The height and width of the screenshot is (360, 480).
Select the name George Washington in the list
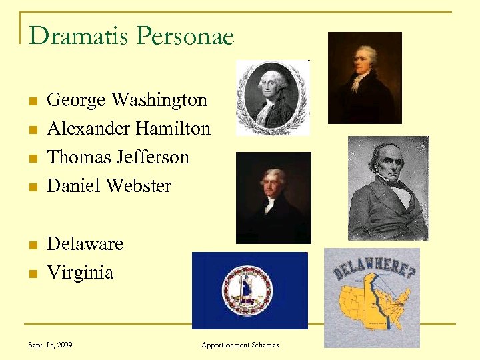(x=127, y=100)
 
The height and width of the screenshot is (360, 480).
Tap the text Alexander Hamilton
(x=129, y=129)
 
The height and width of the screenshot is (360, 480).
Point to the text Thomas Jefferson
(x=118, y=157)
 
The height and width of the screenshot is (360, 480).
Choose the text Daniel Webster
(x=109, y=186)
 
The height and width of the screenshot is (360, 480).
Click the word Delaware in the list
(x=85, y=244)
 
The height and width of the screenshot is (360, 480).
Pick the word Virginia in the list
(x=80, y=273)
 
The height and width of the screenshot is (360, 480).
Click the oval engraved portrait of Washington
(x=273, y=97)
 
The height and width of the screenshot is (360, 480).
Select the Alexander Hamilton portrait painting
(x=365, y=77)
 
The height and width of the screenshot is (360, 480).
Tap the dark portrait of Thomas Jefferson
(x=273, y=197)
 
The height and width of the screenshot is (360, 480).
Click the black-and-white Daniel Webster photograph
(x=388, y=188)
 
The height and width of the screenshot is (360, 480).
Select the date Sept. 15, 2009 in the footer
(x=51, y=345)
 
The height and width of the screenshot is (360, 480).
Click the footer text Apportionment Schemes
(x=240, y=345)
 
